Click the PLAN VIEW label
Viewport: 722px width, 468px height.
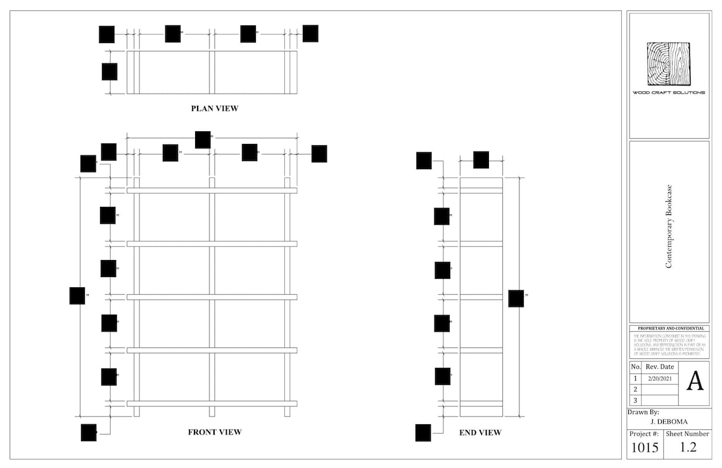coord(215,108)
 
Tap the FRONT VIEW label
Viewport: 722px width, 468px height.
coord(215,432)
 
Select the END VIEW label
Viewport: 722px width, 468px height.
coord(480,432)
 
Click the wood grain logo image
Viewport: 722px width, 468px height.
coord(668,64)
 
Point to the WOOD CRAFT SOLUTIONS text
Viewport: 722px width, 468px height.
coord(669,93)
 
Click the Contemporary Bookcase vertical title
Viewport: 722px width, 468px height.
coord(669,226)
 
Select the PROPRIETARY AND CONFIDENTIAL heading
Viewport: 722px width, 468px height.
coord(669,328)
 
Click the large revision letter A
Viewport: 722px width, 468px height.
coord(695,381)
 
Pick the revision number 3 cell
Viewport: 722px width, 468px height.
coord(635,400)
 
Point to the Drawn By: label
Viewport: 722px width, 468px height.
coord(643,412)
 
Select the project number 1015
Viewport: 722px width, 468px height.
coord(645,448)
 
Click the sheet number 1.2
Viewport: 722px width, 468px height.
coord(688,448)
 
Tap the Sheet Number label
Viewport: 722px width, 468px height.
coord(688,434)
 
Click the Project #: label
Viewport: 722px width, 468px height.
coord(644,434)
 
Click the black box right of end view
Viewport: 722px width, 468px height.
coord(516,299)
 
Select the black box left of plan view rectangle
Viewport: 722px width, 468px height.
coord(110,72)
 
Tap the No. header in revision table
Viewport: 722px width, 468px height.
coord(635,367)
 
